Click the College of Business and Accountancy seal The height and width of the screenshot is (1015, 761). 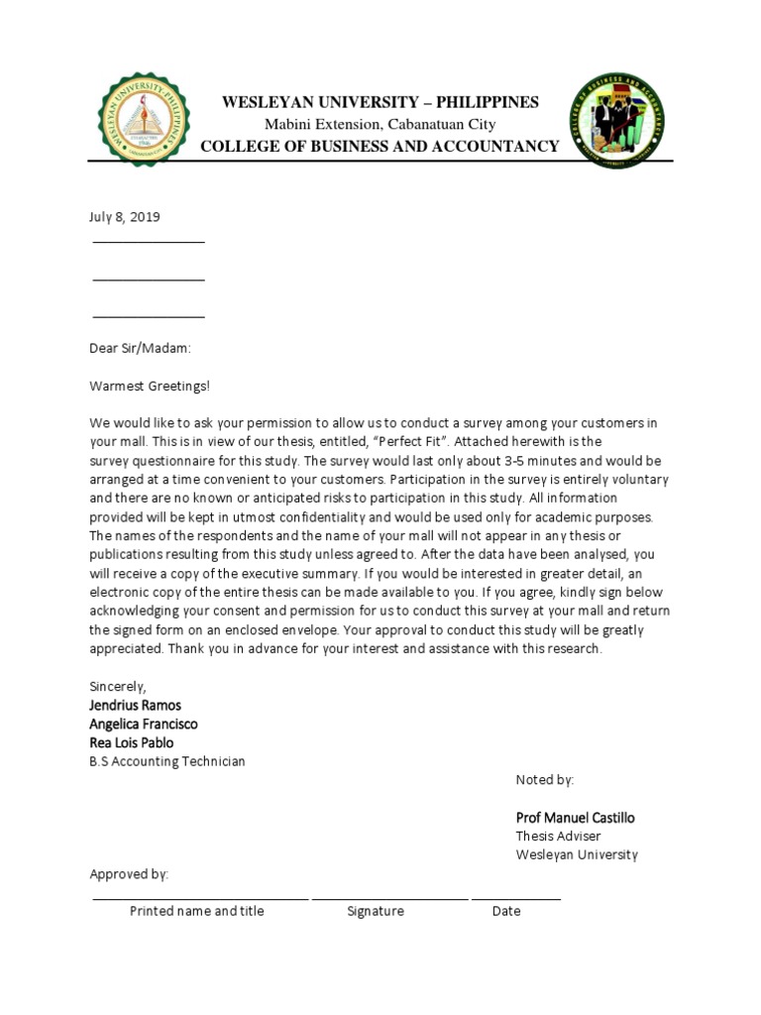pyautogui.click(x=616, y=121)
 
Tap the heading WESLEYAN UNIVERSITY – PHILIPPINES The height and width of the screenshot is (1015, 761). pyautogui.click(x=380, y=102)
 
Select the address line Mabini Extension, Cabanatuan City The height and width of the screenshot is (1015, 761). pyautogui.click(x=380, y=124)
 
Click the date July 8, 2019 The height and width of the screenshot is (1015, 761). pyautogui.click(x=125, y=216)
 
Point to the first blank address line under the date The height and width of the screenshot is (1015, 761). pyautogui.click(x=149, y=242)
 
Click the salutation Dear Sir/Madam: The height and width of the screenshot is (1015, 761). pyautogui.click(x=140, y=348)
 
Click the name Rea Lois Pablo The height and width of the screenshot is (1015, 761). pyautogui.click(x=132, y=742)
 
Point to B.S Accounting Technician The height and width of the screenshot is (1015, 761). pyautogui.click(x=167, y=761)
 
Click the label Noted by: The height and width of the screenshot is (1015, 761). pyautogui.click(x=544, y=780)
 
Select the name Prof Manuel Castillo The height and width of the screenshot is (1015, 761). pyautogui.click(x=575, y=818)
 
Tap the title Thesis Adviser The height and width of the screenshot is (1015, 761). pyautogui.click(x=557, y=837)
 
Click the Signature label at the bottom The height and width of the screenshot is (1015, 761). pyautogui.click(x=376, y=911)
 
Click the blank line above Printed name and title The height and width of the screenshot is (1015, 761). pyautogui.click(x=200, y=898)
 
